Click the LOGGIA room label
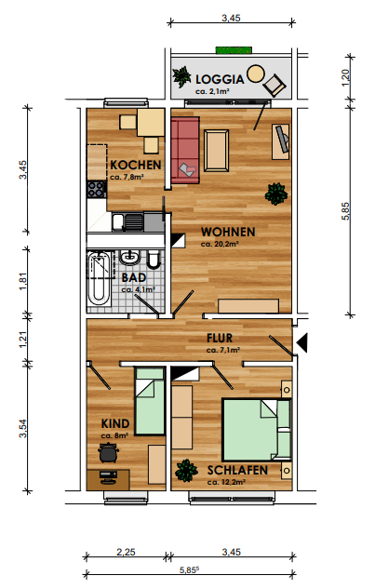click(x=220, y=79)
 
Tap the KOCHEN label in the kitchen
click(x=135, y=165)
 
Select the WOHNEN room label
click(x=228, y=232)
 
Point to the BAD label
click(x=134, y=277)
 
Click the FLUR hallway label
click(x=220, y=338)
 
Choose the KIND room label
click(x=115, y=423)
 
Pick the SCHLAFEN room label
click(x=237, y=470)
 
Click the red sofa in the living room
click(x=185, y=151)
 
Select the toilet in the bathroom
click(x=154, y=260)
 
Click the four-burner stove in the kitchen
click(x=97, y=189)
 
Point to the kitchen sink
click(x=127, y=221)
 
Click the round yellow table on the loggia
click(x=255, y=73)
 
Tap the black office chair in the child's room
click(x=108, y=452)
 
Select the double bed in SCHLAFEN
click(x=257, y=430)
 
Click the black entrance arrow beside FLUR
click(x=301, y=342)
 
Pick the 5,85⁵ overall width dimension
click(x=189, y=570)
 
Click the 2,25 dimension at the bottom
click(x=126, y=552)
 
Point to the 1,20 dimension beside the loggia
click(x=345, y=77)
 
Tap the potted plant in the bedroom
click(x=186, y=470)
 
